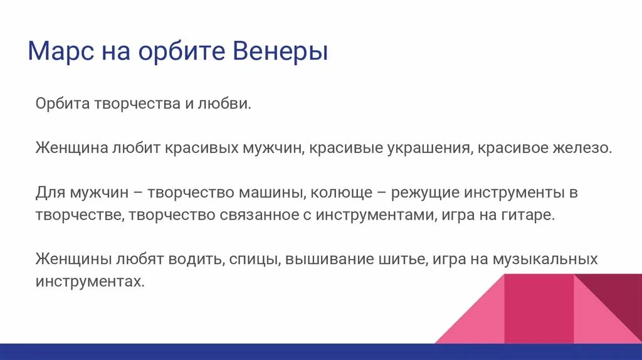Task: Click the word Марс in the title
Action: [x=58, y=51]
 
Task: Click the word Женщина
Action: [x=71, y=148]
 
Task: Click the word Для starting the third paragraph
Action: [x=49, y=193]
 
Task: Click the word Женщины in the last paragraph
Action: [x=74, y=259]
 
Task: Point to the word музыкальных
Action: [x=545, y=259]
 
